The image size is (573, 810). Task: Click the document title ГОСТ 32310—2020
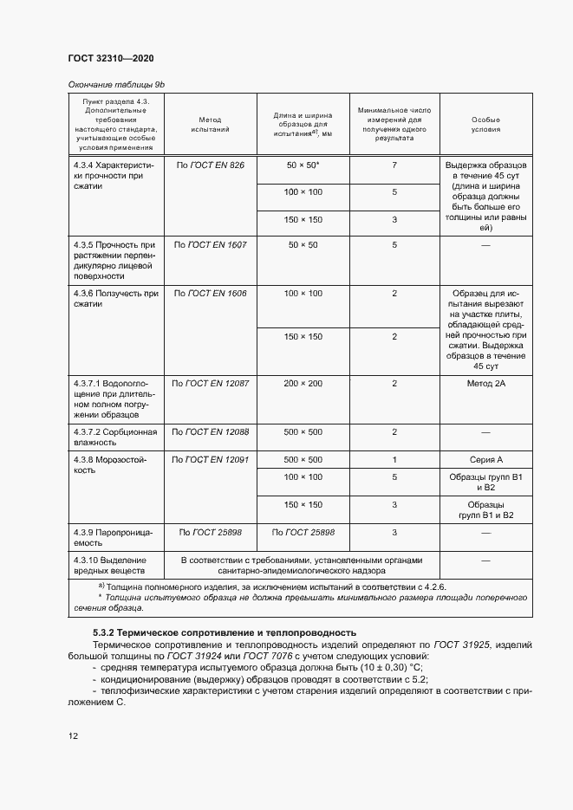111,58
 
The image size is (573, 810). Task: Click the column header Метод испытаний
210,123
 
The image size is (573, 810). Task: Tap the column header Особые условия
485,123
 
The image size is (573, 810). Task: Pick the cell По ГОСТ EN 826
210,165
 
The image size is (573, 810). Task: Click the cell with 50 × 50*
303,165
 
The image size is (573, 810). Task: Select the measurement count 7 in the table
394,165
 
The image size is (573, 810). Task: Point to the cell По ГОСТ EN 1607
210,245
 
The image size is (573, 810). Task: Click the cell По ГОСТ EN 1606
210,294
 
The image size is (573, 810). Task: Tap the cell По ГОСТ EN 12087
210,383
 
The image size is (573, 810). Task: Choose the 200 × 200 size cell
303,383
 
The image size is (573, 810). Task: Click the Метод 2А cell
485,383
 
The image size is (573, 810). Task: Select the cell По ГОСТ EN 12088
210,431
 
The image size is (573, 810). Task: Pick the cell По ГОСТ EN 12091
210,459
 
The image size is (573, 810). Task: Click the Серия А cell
485,459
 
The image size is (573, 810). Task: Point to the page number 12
73,735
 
